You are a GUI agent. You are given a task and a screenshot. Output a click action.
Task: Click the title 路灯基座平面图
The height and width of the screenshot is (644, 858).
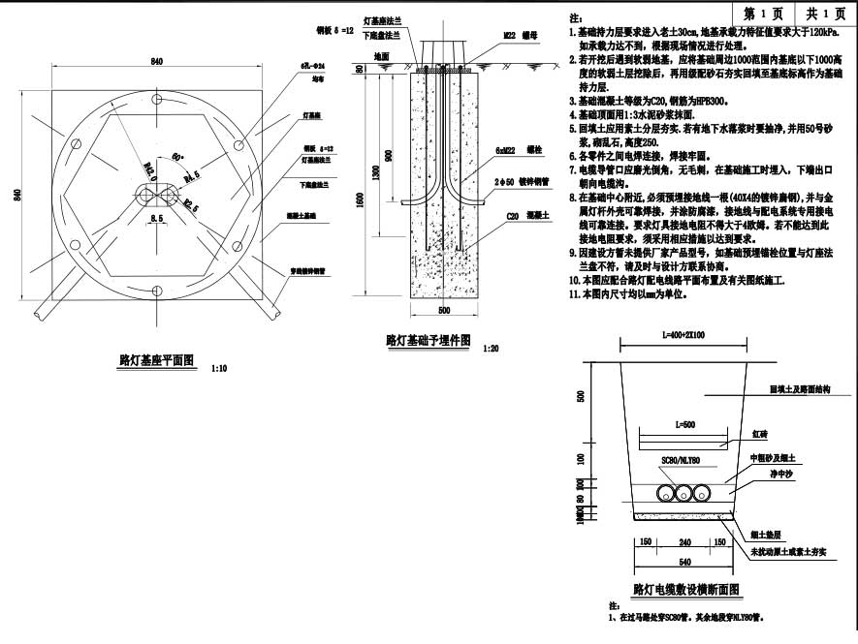(156, 360)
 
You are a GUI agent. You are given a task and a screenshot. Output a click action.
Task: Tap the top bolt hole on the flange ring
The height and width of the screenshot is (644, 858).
(156, 101)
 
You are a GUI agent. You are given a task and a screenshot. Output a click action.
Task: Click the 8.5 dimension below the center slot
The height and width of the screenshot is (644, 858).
(155, 221)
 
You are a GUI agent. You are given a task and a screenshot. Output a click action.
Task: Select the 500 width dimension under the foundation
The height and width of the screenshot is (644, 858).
(445, 311)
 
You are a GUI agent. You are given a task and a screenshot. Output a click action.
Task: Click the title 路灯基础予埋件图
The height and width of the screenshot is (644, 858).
(428, 340)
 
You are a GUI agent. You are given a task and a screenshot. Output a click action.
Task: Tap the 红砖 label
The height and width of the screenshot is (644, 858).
(761, 436)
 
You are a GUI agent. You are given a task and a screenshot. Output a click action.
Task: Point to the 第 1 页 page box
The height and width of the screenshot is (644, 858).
(763, 14)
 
